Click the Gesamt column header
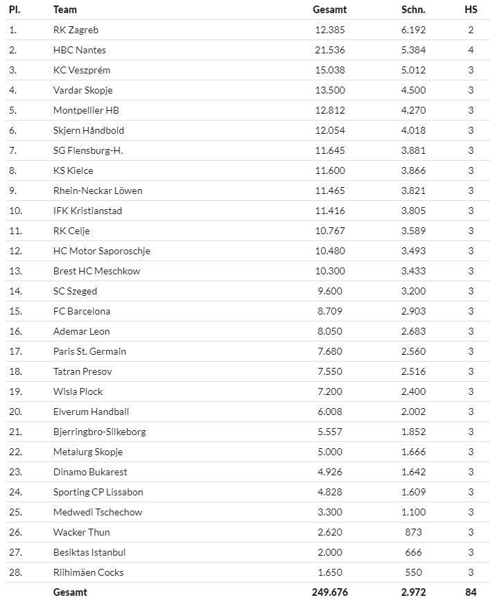coord(329,10)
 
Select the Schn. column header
coord(413,10)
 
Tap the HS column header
coord(471,10)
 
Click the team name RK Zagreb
coord(76,30)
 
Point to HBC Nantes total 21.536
coord(329,50)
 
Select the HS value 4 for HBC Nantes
coord(471,50)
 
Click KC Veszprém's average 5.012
coord(413,70)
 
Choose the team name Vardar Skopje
coord(82,90)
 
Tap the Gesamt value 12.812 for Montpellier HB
coord(329,110)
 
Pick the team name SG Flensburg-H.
coord(88,150)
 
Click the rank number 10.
coord(15,211)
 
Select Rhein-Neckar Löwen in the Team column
coord(98,191)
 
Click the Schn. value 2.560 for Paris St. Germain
coord(413,351)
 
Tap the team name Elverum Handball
coord(91,412)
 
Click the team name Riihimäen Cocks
coord(88,572)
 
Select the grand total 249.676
coord(329,592)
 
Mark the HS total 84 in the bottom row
coord(471,592)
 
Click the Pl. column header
coord(14,10)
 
